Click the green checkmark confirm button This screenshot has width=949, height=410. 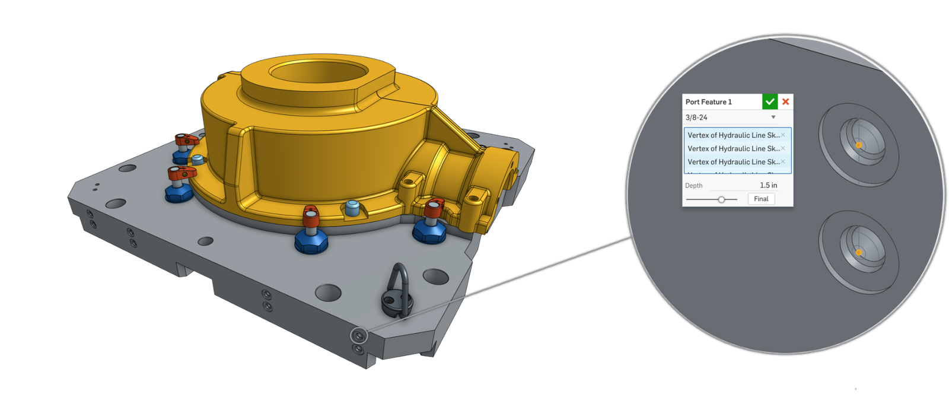770,101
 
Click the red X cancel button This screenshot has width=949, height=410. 785,101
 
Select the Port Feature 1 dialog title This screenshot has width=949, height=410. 709,102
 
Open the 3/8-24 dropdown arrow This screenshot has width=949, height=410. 773,117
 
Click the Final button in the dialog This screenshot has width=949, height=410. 761,199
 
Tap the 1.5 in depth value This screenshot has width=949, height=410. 768,185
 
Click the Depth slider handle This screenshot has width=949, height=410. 721,199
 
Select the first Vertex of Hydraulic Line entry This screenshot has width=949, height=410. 733,135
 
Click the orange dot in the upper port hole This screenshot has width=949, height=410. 859,145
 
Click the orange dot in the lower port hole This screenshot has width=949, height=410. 859,253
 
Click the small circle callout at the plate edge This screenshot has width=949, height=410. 359,336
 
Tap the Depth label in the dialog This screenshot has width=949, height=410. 694,186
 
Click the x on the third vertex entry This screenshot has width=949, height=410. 783,161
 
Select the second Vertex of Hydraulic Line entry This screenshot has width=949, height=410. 733,148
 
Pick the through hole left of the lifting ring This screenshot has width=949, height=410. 328,292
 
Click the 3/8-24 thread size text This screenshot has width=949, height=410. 696,117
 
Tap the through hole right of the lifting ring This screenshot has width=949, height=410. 436,276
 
